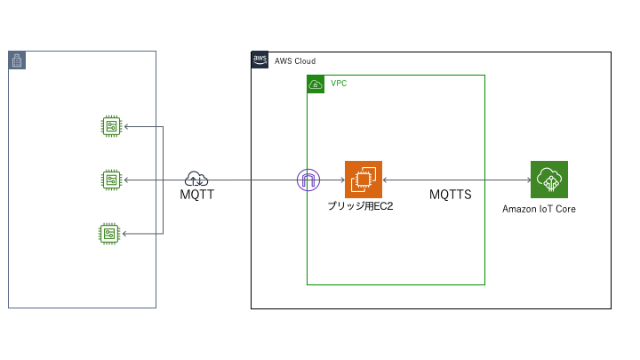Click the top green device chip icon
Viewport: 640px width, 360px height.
point(110,126)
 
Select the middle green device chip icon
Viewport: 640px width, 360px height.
point(110,180)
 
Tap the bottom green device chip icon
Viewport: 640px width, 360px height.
point(110,234)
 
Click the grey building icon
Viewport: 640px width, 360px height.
point(17,60)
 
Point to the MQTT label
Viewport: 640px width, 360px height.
point(196,194)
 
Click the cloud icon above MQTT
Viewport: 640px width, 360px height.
point(196,178)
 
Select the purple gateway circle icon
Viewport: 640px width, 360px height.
point(308,180)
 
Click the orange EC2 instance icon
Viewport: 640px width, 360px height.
point(363,180)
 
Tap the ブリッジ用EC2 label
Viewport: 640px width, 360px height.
point(360,206)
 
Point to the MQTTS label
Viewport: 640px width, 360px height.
point(450,194)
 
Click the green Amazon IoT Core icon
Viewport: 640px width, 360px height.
point(548,180)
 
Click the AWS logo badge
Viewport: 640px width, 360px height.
point(260,60)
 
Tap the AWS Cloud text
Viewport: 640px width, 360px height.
point(295,61)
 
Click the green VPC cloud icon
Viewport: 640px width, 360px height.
point(316,84)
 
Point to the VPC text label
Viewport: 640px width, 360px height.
point(339,84)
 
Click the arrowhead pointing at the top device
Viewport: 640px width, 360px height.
point(126,126)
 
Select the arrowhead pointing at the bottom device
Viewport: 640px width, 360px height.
point(126,234)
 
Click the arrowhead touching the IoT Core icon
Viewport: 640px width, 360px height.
point(527,180)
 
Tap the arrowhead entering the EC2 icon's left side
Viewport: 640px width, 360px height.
point(341,180)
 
